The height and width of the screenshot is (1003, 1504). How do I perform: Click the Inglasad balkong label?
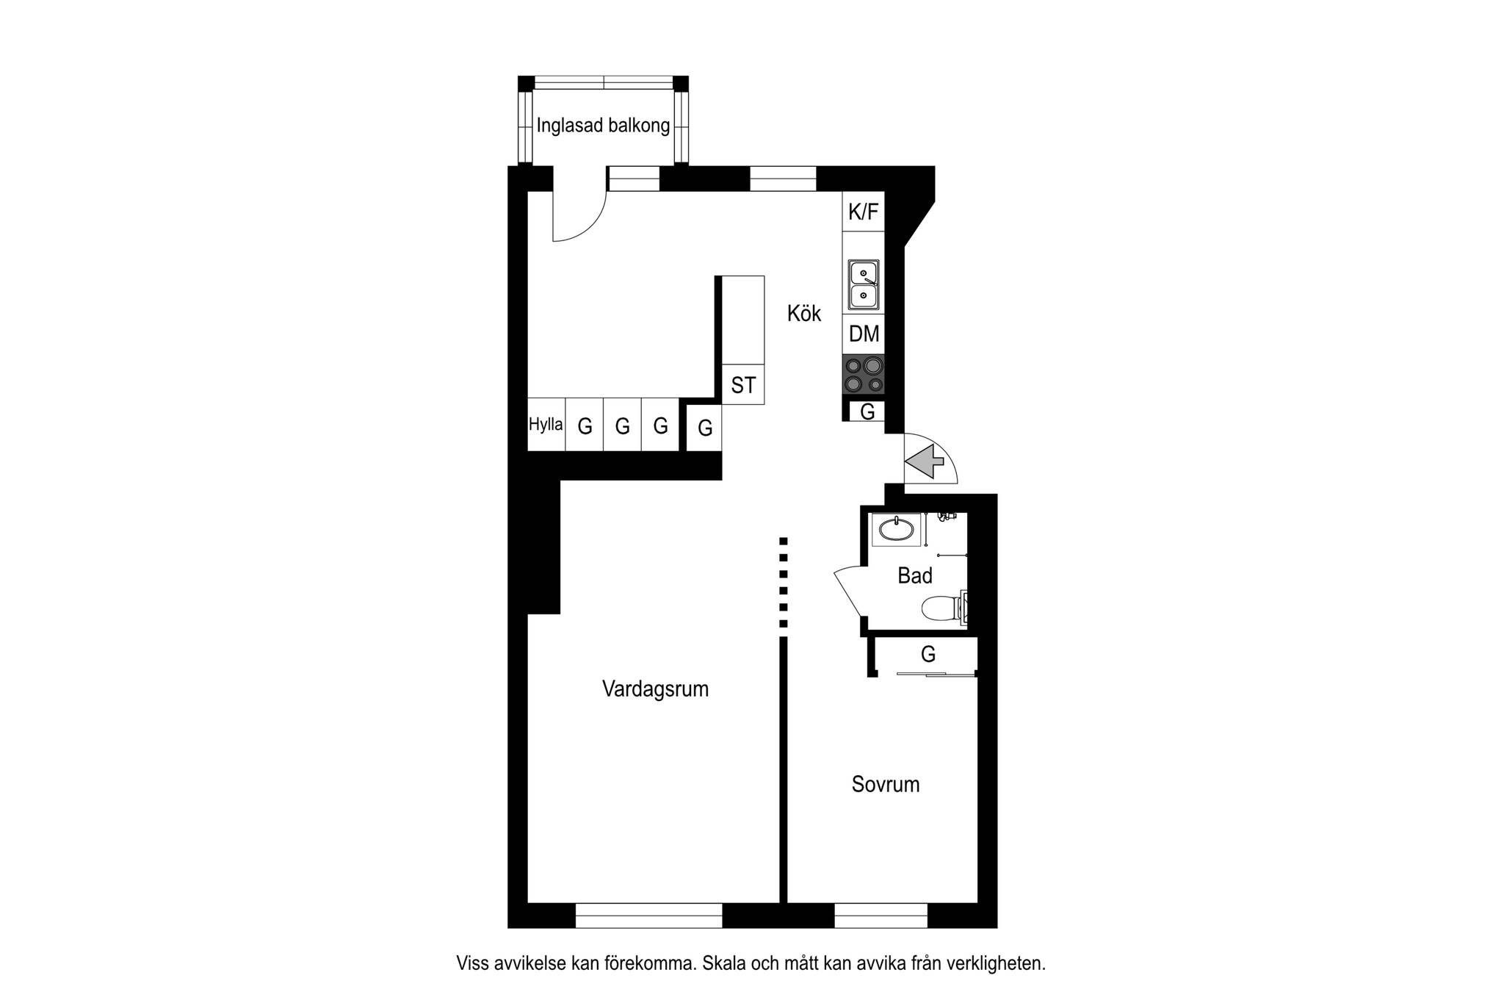(603, 126)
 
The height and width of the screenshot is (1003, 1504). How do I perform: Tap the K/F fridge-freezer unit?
(864, 212)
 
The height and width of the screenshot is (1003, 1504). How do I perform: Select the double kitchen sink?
(864, 284)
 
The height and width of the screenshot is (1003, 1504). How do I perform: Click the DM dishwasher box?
(864, 334)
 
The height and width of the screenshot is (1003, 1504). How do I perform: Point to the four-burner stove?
(864, 375)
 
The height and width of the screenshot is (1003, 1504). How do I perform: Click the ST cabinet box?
(743, 384)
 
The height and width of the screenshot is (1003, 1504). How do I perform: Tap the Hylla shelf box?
(546, 425)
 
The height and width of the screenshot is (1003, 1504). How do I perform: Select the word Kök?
(804, 314)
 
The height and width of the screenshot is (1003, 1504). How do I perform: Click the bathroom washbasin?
(896, 529)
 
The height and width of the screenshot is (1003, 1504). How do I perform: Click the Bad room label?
(915, 575)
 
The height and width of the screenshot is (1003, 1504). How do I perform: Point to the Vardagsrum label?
(655, 689)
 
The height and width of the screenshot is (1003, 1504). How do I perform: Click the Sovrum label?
(886, 784)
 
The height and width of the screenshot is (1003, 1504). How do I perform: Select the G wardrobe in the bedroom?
(928, 655)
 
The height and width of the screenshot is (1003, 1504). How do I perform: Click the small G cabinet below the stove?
(867, 411)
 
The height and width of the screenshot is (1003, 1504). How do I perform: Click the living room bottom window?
(649, 916)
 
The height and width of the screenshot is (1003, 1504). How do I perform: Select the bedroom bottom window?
(881, 916)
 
